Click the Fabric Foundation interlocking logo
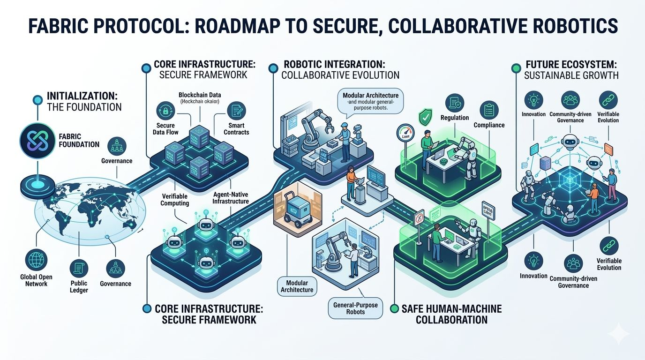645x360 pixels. click(38, 140)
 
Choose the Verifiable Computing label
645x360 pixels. click(174, 199)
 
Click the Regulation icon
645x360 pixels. click(455, 102)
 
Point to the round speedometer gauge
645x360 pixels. click(406, 133)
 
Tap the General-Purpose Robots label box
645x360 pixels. click(355, 308)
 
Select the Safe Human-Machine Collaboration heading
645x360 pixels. click(451, 314)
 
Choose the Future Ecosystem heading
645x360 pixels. click(571, 69)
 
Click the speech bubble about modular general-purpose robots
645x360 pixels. click(370, 99)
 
